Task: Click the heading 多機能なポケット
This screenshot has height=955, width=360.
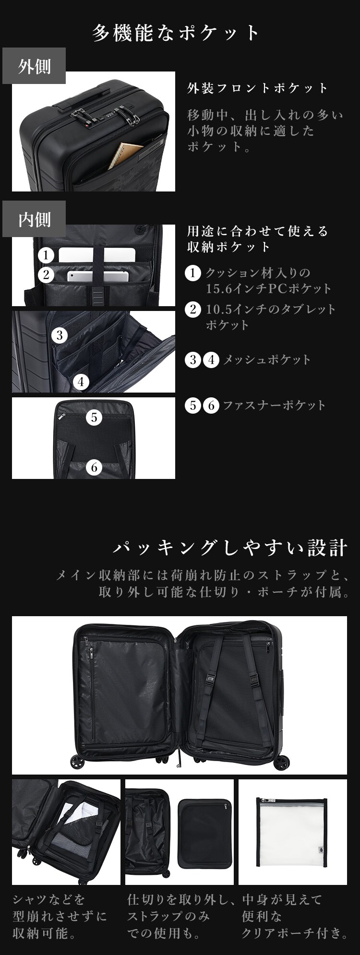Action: tap(176, 33)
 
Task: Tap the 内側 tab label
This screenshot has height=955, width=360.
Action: tap(34, 220)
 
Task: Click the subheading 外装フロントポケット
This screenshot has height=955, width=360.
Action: tap(257, 88)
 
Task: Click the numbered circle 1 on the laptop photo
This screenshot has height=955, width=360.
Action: tap(46, 255)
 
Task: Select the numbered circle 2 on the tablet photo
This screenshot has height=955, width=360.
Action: tap(46, 275)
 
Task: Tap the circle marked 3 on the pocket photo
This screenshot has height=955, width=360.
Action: tap(60, 335)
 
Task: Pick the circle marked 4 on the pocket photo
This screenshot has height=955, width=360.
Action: tap(81, 382)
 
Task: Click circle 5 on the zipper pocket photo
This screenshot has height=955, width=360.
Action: tap(94, 417)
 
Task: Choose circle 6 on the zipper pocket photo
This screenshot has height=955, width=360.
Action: tap(94, 466)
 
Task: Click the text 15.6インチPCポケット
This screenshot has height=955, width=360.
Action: tap(268, 289)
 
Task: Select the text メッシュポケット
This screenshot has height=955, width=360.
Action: tap(267, 359)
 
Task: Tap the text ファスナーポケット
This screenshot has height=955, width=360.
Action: tap(274, 406)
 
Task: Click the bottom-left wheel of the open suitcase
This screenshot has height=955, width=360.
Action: tap(76, 762)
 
